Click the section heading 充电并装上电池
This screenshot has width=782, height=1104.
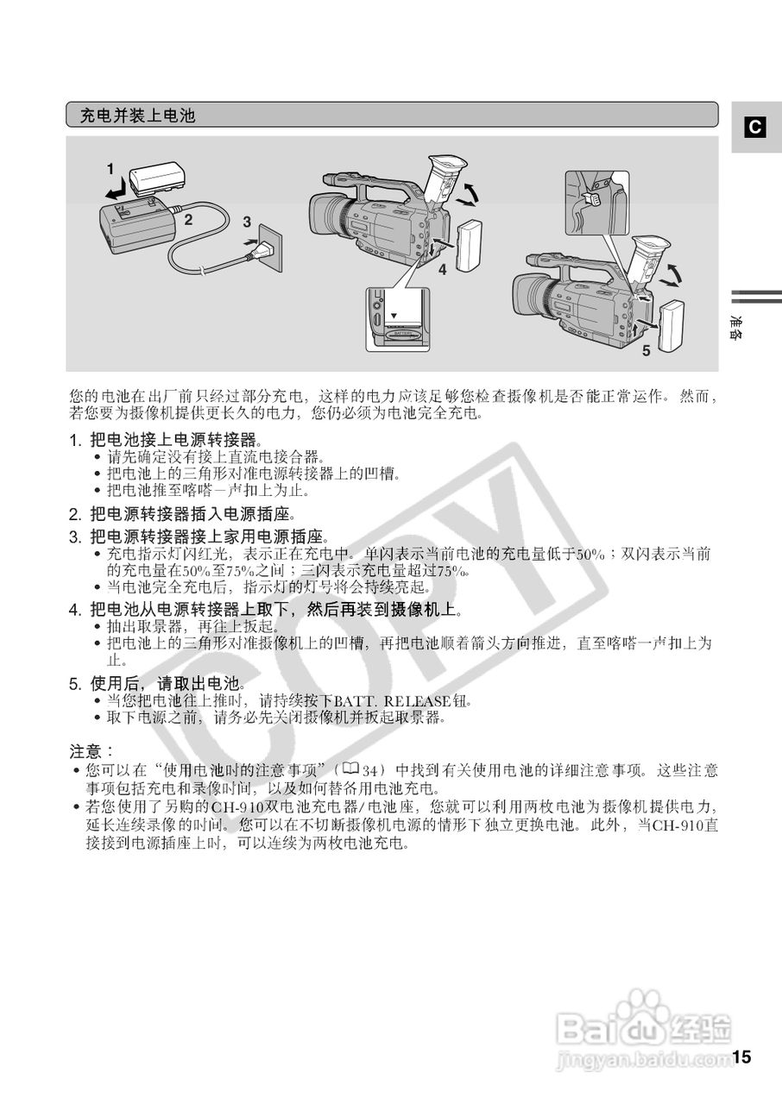(x=137, y=115)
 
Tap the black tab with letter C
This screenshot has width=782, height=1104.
(x=754, y=128)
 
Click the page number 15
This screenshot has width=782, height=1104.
(x=742, y=1057)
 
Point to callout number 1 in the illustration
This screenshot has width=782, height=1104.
(x=110, y=166)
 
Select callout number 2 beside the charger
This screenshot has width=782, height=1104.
(x=186, y=219)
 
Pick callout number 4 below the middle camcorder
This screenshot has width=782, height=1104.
(x=441, y=270)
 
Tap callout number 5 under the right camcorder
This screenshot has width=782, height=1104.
(x=645, y=351)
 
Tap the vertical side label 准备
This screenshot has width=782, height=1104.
(x=735, y=326)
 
